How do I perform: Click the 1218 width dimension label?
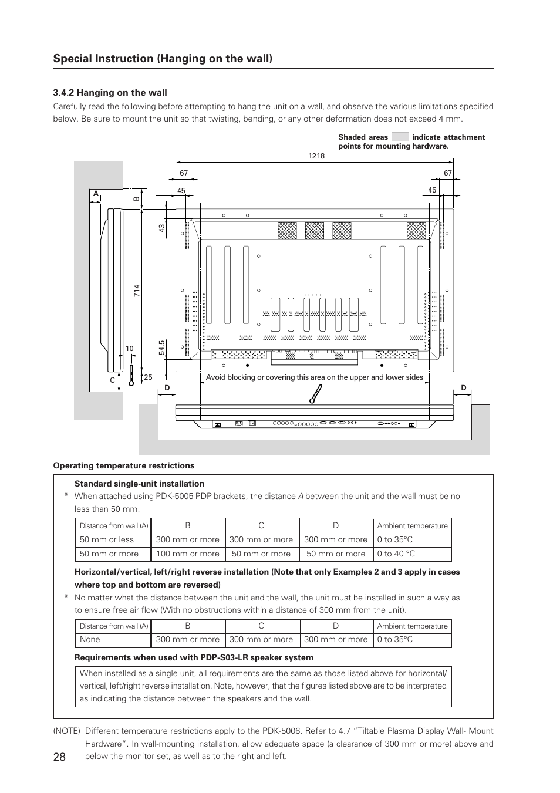tap(316, 156)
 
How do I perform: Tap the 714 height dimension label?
tap(137, 290)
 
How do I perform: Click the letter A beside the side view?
tap(96, 194)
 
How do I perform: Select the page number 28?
tap(59, 757)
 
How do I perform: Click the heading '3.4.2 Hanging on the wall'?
tap(110, 93)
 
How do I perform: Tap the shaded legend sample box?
tap(400, 137)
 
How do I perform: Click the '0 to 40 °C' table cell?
tap(396, 554)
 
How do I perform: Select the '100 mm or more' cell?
tap(188, 554)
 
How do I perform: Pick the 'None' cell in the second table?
tap(90, 639)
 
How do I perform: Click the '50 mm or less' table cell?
tap(107, 539)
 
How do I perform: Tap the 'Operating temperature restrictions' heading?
tap(124, 465)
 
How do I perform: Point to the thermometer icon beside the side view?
tap(131, 374)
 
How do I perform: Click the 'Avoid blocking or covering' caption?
tap(314, 377)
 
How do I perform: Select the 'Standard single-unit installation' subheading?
tap(139, 484)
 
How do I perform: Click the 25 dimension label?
tap(148, 377)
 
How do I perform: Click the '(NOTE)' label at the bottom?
tap(66, 731)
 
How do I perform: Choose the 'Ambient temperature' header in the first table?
tap(412, 526)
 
